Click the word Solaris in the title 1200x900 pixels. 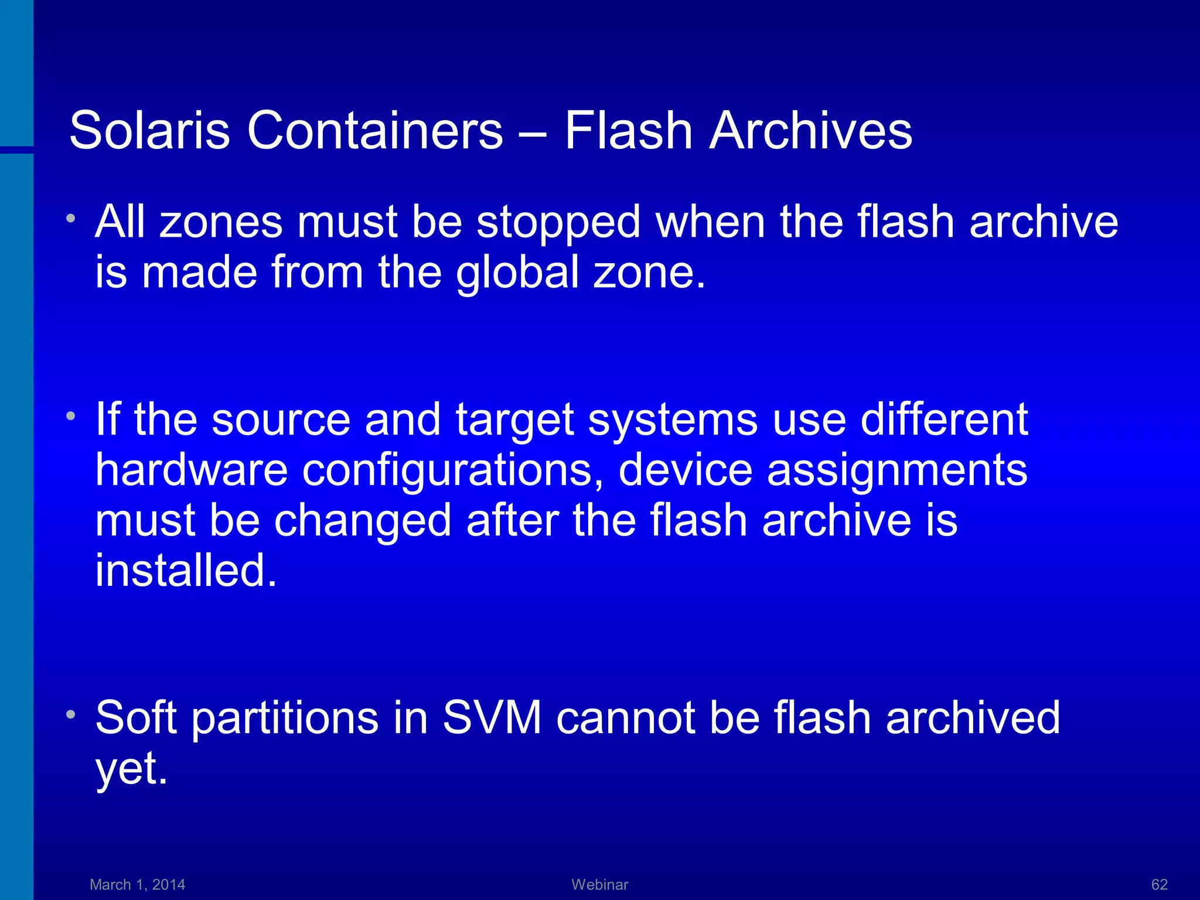point(149,130)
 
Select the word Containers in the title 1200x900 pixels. point(374,130)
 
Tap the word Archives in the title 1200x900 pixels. point(811,130)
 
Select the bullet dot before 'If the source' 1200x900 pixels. point(71,417)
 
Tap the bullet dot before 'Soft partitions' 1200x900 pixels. point(71,714)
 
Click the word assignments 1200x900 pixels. point(897,471)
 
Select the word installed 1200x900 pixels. point(186,571)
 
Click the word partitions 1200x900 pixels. point(285,718)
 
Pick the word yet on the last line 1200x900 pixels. point(132,769)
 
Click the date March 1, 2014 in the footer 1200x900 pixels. point(137,884)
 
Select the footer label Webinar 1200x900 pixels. point(599,884)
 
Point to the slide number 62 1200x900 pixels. point(1160,884)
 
